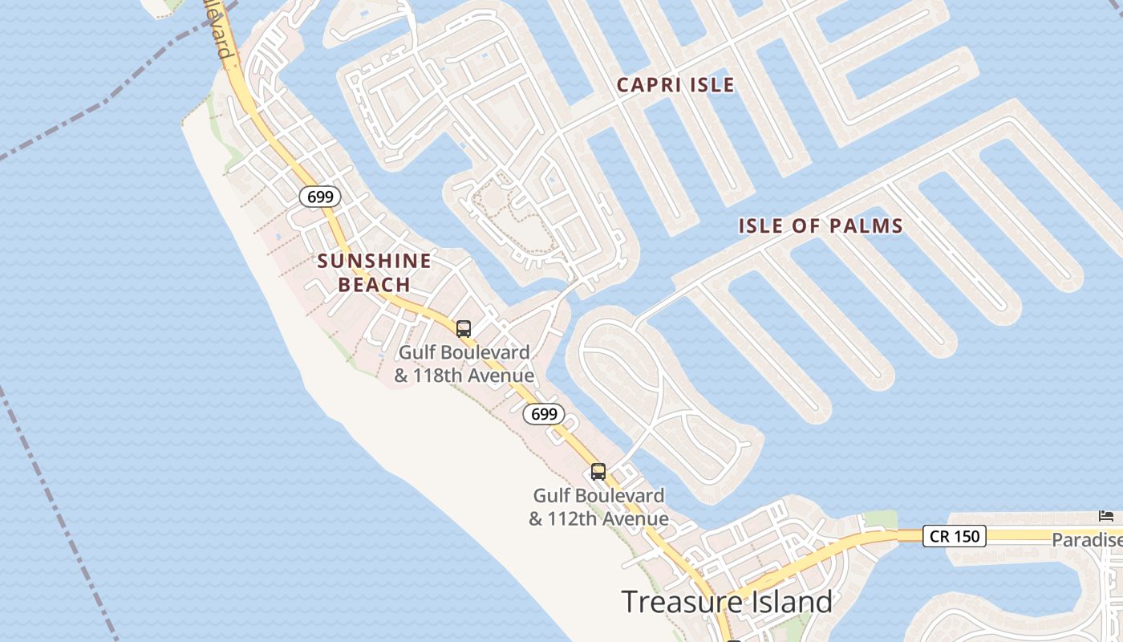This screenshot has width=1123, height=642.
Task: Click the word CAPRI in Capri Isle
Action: tap(650, 84)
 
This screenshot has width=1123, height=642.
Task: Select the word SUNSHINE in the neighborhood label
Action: tap(374, 261)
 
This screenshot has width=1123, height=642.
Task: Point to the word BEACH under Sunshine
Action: tap(374, 285)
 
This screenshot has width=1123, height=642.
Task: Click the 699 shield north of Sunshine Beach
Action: tap(321, 197)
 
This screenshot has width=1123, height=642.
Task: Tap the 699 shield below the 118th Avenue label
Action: tap(544, 414)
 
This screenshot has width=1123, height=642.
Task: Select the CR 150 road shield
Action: tap(954, 536)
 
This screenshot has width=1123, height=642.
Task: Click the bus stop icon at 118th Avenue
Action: tap(463, 328)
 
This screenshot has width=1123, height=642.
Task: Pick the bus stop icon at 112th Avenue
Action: tap(598, 472)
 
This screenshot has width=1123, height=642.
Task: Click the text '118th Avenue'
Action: tap(473, 376)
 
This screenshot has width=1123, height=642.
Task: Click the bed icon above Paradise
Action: tap(1106, 515)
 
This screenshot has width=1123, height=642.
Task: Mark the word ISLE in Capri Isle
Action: tap(711, 84)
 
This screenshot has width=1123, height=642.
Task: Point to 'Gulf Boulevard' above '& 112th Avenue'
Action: tap(598, 496)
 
